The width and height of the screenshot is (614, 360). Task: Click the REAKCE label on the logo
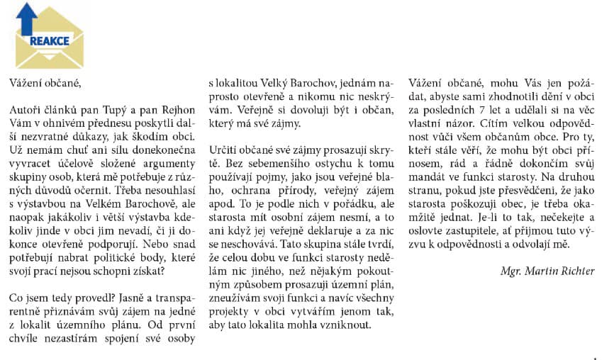pyautogui.click(x=50, y=40)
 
